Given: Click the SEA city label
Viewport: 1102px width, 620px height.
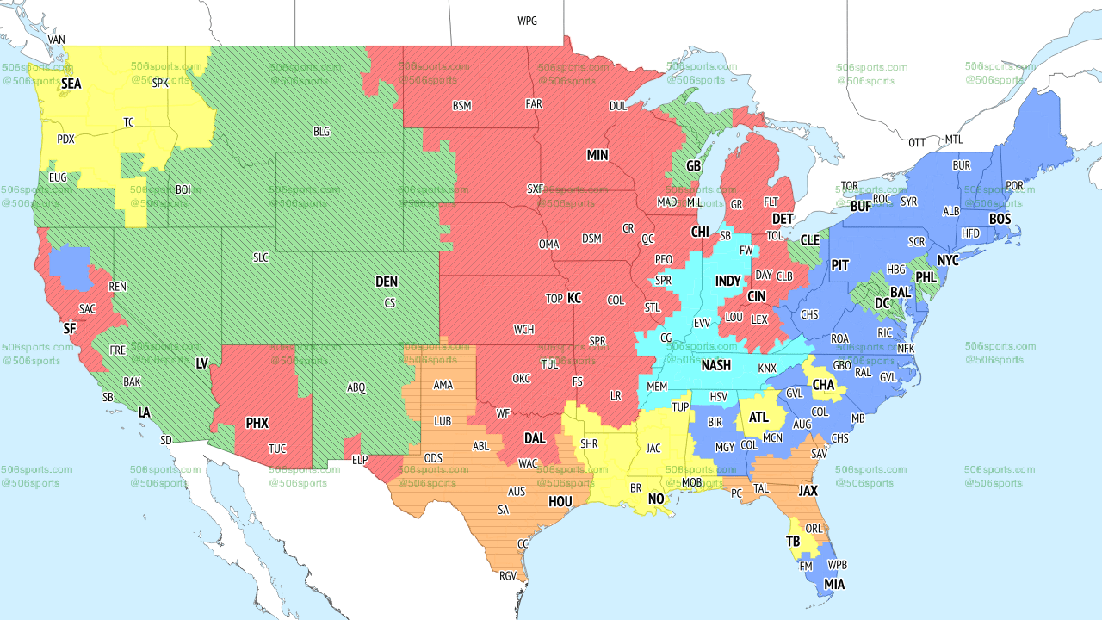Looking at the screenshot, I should pos(71,84).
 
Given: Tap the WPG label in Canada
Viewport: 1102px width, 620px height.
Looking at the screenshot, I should pos(527,21).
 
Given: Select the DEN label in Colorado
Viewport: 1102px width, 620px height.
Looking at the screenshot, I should pos(387,282).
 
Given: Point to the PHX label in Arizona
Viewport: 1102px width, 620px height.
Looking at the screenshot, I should pos(257,424).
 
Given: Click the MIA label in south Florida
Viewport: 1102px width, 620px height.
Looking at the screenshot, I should pos(833,585).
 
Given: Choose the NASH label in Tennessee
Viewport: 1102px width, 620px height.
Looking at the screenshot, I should pos(715,365).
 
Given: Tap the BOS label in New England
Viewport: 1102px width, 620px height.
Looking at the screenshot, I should pos(1000,220).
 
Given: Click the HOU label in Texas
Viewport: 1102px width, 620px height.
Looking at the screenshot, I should pos(560,502).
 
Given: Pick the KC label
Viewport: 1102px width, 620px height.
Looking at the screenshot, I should pos(574,299).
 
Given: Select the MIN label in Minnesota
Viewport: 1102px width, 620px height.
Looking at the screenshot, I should pos(597,156).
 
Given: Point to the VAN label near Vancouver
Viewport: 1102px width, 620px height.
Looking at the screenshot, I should pos(57,40).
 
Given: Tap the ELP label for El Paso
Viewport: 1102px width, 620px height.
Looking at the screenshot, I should pos(360,460).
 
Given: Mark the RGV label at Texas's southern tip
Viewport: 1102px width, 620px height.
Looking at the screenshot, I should pos(508,576).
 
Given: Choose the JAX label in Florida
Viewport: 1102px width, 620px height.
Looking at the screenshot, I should pos(808,491).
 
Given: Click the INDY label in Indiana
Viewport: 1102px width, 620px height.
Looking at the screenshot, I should pos(727,282).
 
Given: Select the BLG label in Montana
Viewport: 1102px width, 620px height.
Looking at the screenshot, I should pos(321,132).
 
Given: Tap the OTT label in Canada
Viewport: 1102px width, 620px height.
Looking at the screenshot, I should pos(917,142).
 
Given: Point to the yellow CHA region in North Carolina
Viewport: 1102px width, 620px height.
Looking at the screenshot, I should pos(823,382).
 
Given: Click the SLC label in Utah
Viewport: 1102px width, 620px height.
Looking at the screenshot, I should pos(261,257).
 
